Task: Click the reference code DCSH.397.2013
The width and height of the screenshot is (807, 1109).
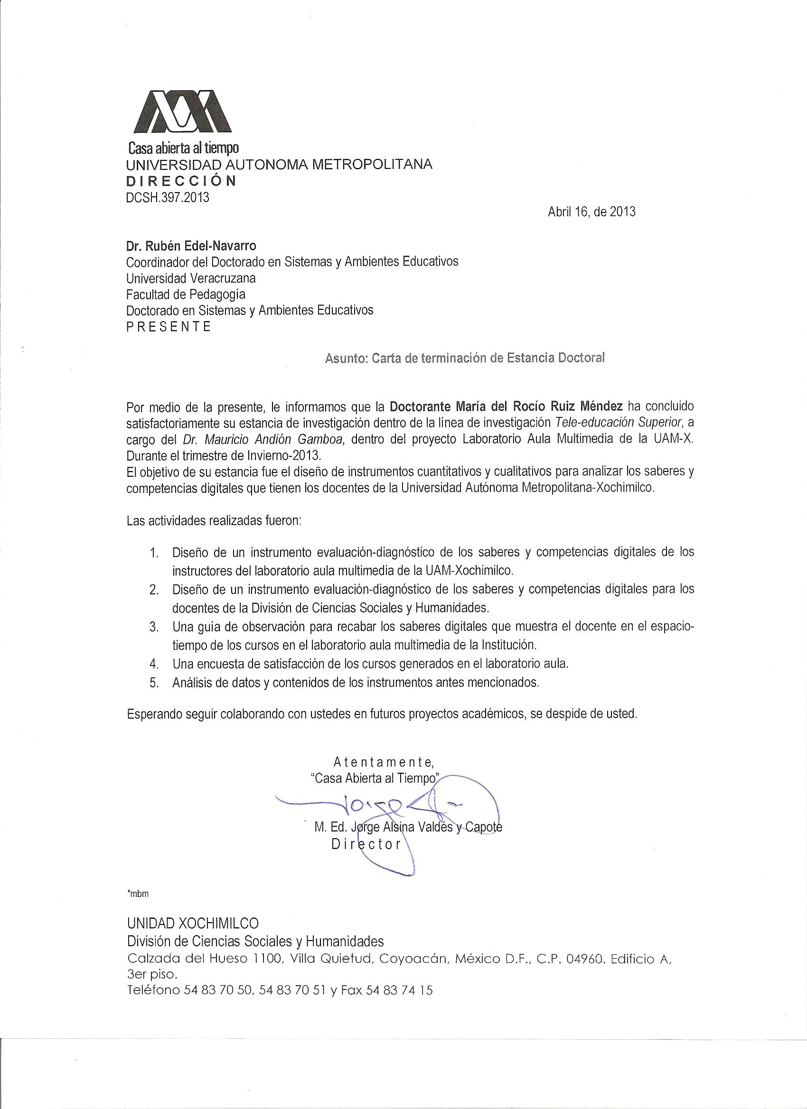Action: (168, 197)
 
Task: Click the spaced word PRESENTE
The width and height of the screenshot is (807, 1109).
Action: (169, 327)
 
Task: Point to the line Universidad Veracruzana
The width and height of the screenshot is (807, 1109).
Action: (191, 278)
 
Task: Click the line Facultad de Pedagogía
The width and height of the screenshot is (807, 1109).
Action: (186, 295)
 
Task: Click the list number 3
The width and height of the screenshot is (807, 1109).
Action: (154, 628)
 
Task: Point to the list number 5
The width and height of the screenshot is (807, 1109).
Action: (154, 684)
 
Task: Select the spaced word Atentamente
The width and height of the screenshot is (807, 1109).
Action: (383, 762)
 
